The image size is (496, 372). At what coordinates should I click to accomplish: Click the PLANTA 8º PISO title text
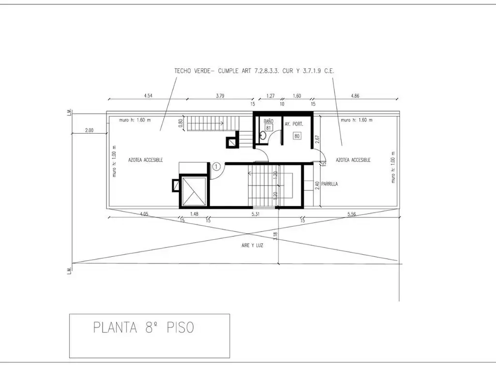[x=143, y=327]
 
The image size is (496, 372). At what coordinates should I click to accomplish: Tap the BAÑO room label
[x=268, y=121]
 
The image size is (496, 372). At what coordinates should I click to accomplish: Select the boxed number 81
[x=268, y=128]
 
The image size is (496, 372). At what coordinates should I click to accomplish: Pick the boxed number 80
[x=297, y=136]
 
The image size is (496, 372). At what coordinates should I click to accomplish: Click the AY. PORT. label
[x=294, y=124]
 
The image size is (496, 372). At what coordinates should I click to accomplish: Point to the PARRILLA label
[x=329, y=184]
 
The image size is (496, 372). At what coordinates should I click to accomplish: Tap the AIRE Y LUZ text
[x=252, y=245]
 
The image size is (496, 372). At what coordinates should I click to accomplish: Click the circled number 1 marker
[x=216, y=167]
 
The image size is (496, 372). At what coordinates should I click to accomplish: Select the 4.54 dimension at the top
[x=148, y=95]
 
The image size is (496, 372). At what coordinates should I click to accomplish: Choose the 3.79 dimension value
[x=220, y=95]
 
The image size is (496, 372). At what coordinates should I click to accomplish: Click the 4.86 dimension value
[x=355, y=95]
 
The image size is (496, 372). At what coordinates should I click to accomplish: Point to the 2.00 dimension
[x=89, y=130]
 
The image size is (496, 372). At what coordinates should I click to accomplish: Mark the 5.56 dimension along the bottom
[x=352, y=214]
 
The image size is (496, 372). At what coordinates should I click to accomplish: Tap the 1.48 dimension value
[x=194, y=214]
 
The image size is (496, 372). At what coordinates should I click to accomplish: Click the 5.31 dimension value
[x=256, y=214]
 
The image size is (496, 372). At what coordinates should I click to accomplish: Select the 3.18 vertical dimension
[x=275, y=236]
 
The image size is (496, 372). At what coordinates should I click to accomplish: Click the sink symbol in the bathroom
[x=263, y=137]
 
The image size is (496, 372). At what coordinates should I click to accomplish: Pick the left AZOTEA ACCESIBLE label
[x=145, y=160]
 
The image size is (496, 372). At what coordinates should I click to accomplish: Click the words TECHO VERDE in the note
[x=192, y=71]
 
